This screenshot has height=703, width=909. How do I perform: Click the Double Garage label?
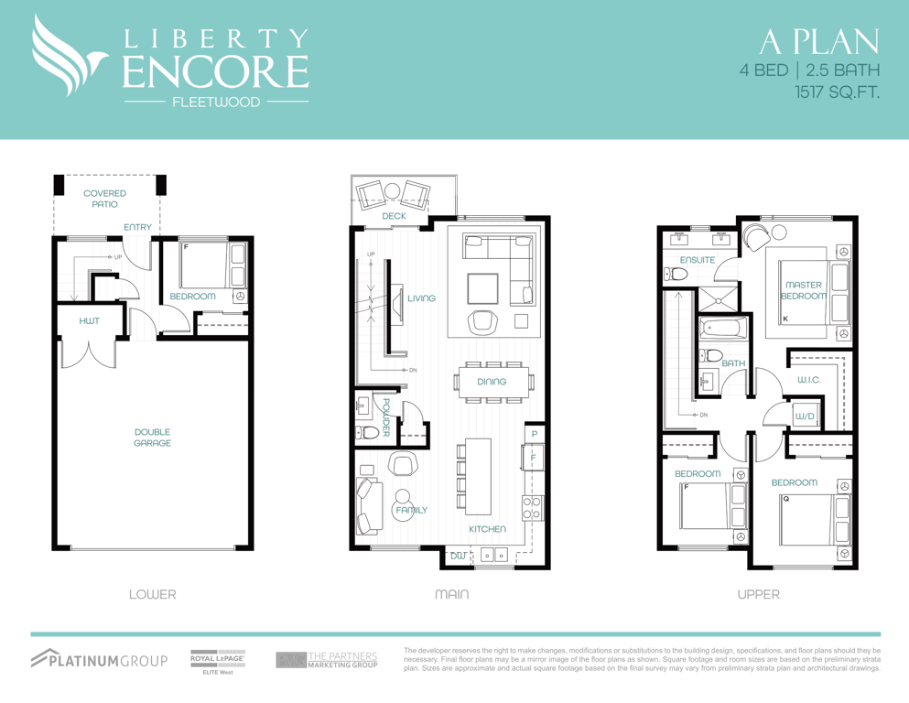coord(153,438)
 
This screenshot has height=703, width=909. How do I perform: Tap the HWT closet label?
coord(90,320)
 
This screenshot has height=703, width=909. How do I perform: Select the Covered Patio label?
coord(104,199)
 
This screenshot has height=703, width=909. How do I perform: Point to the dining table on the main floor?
coord(492,382)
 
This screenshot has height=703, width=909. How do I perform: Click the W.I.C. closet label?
coord(808,380)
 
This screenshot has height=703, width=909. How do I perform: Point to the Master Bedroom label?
coord(804,290)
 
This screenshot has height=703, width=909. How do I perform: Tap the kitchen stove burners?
coord(533,508)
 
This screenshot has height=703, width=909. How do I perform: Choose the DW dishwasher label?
coord(458,556)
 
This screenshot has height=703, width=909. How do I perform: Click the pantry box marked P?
coord(535,434)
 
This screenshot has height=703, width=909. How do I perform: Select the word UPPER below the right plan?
coord(758,595)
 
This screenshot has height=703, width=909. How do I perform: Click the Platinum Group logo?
coord(99,659)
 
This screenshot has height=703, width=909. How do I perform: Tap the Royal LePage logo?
coord(218,662)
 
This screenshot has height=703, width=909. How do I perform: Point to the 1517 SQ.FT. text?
coord(837,92)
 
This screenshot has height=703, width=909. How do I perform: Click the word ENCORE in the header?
coord(215,71)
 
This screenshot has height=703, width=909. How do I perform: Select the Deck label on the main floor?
coord(395,216)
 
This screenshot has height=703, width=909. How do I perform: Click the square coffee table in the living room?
coord(483,288)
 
